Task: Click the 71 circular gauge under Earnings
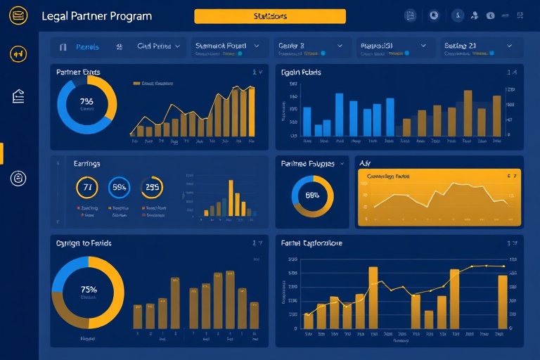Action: (x=86, y=187)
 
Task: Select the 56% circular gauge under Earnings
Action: (x=120, y=187)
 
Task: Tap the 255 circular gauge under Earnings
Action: (x=152, y=187)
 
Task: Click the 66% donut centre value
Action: (x=312, y=195)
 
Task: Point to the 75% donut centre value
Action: (x=89, y=290)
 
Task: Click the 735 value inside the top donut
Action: (x=87, y=101)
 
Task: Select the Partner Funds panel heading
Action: (x=79, y=72)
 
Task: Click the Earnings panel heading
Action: (x=86, y=163)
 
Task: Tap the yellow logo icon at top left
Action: (x=18, y=15)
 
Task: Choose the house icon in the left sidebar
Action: (x=18, y=97)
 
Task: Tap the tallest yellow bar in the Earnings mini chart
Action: (x=230, y=198)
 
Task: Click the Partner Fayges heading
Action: (x=308, y=163)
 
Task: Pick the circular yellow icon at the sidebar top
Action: (x=18, y=53)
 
